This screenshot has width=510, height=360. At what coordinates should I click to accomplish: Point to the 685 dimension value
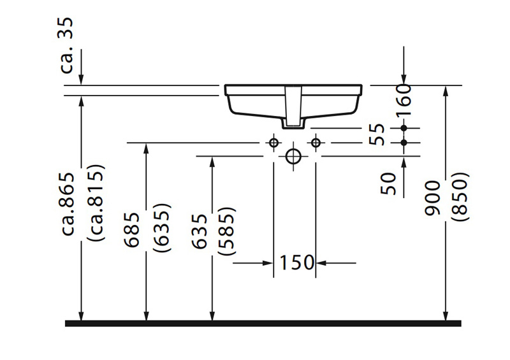[x=133, y=230]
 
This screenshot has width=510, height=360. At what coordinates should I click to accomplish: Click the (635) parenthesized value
[x=161, y=230]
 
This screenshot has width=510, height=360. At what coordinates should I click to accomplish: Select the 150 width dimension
[x=295, y=262]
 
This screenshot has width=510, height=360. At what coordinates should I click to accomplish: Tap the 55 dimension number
[x=378, y=136]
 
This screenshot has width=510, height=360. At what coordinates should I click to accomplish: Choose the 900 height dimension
[x=433, y=198]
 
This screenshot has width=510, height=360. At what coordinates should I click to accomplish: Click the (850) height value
[x=460, y=198]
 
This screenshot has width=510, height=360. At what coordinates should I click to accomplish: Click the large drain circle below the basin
[x=294, y=156]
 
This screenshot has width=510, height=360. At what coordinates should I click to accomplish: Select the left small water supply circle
[x=273, y=143]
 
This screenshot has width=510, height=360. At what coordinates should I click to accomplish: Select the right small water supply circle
[x=315, y=143]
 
